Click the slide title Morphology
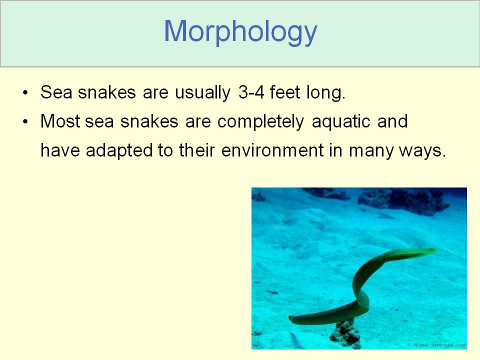(240, 32)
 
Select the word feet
(284, 92)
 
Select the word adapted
(119, 151)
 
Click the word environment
(272, 150)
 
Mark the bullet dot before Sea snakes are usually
(25, 93)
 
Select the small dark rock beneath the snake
(345, 333)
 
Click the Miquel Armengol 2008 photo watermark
(437, 345)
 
